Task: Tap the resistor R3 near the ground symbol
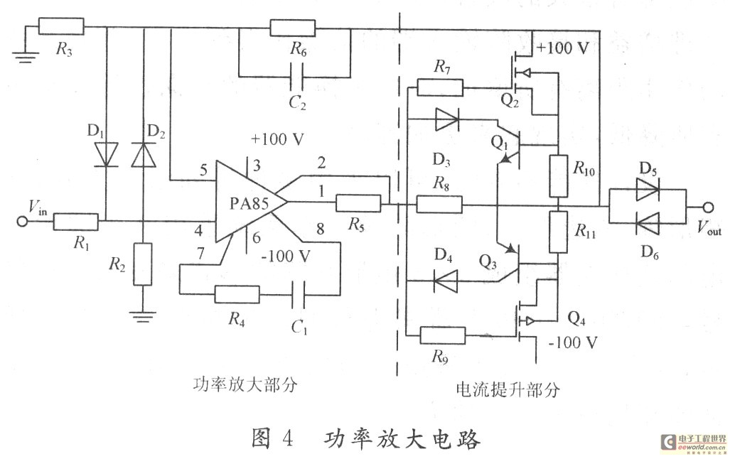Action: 60,28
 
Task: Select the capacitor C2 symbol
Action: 294,74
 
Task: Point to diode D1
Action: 107,154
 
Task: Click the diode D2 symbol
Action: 143,154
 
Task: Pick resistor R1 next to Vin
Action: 75,221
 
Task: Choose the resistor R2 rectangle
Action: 143,264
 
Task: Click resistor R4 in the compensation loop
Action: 236,293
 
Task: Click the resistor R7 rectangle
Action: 439,87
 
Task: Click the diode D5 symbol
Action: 648,189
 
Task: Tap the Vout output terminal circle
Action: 708,207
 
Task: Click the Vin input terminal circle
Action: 23,221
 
